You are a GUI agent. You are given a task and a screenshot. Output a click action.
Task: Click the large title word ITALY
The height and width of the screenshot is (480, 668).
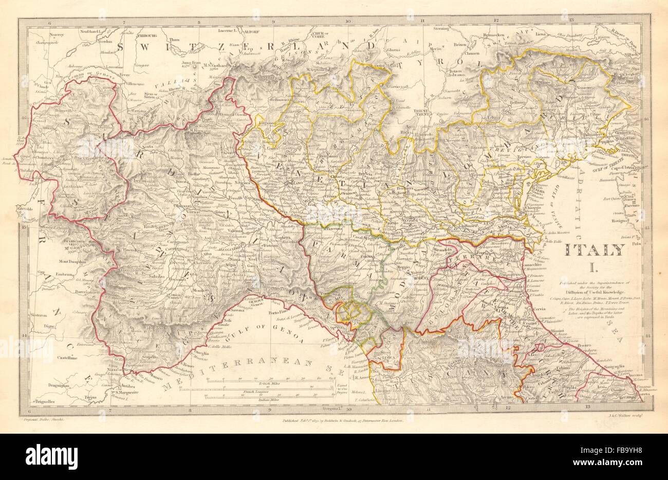click(595, 251)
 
